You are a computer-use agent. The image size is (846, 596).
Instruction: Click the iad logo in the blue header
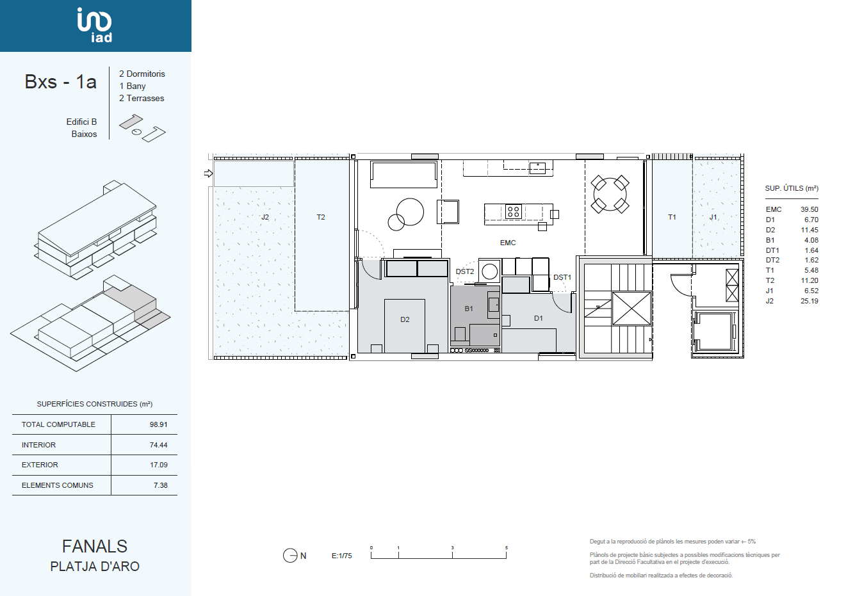[x=94, y=25]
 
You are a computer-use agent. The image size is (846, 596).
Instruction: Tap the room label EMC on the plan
[x=508, y=243]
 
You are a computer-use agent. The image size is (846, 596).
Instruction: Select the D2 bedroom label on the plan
[x=405, y=319]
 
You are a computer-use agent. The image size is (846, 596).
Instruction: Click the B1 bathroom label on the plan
[x=469, y=309]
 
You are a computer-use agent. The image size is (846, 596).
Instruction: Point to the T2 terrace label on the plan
[x=321, y=217]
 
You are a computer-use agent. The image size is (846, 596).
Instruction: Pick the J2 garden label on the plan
[x=264, y=217]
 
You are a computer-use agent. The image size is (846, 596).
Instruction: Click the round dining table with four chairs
[x=610, y=195]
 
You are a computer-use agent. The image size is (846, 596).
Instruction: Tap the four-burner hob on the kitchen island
[x=513, y=211]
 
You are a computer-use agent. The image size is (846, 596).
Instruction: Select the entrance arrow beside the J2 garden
[x=208, y=173]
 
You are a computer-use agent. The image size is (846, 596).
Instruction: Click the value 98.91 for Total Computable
[x=158, y=424]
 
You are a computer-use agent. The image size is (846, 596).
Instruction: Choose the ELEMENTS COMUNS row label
[x=58, y=485]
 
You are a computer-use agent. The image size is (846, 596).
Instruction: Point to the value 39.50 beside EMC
[x=809, y=209]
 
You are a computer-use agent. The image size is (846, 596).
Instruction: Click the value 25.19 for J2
[x=809, y=302]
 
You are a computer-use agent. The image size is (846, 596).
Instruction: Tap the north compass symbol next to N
[x=290, y=556]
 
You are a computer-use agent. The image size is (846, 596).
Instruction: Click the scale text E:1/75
[x=341, y=556]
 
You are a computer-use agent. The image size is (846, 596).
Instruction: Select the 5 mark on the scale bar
[x=506, y=548]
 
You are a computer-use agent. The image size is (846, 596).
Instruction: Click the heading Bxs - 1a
[x=60, y=81]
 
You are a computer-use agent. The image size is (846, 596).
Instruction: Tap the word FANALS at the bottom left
[x=95, y=546]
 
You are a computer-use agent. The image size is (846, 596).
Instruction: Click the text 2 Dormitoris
[x=142, y=74]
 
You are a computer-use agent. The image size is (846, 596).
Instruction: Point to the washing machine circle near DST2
[x=489, y=271]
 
